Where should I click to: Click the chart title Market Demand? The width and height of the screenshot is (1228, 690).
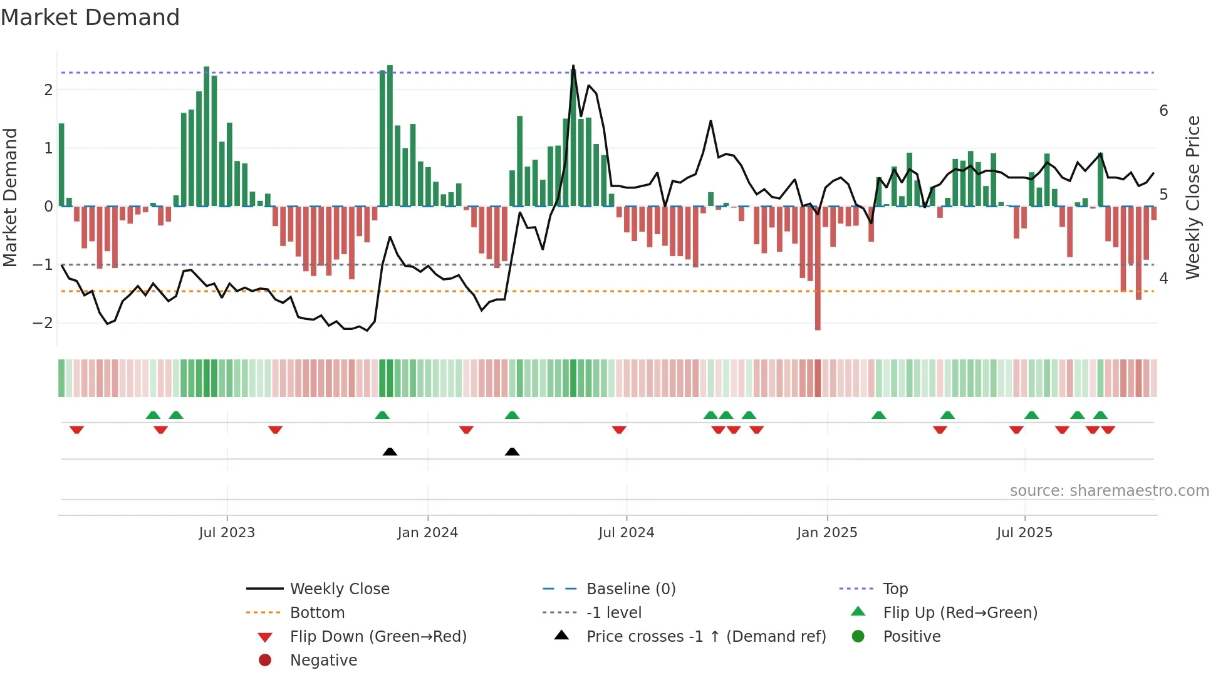click(x=90, y=18)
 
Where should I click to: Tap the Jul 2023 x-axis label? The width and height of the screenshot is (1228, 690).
click(x=227, y=533)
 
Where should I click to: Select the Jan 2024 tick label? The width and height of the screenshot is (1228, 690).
click(x=427, y=533)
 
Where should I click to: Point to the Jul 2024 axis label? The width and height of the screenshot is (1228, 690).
click(x=626, y=533)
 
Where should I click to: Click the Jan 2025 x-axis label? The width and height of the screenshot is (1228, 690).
click(x=827, y=533)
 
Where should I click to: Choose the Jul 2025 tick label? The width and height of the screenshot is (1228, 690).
click(x=1024, y=533)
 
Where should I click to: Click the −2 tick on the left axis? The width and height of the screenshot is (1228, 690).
click(x=43, y=323)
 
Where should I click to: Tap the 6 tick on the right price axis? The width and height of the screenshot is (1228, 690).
click(x=1163, y=111)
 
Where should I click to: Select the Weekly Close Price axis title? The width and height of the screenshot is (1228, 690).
click(x=1193, y=197)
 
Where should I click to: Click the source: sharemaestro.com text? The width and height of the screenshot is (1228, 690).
click(x=1109, y=491)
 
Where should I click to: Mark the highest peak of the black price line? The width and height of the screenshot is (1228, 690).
click(x=573, y=66)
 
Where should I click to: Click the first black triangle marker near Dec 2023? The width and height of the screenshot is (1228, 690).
click(x=390, y=451)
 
